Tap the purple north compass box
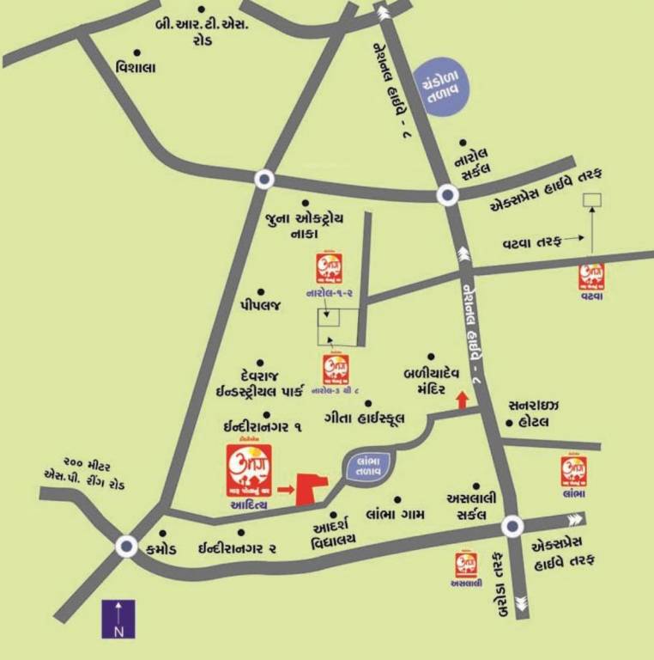(118, 619)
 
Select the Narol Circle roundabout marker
(446, 195)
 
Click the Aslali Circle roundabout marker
(512, 525)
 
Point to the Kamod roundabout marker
(127, 546)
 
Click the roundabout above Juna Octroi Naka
(263, 179)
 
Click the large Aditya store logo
(249, 470)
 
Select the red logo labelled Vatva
(591, 276)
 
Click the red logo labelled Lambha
(574, 473)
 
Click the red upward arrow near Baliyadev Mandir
(462, 400)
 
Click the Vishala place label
(135, 68)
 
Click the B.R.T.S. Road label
(202, 32)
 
